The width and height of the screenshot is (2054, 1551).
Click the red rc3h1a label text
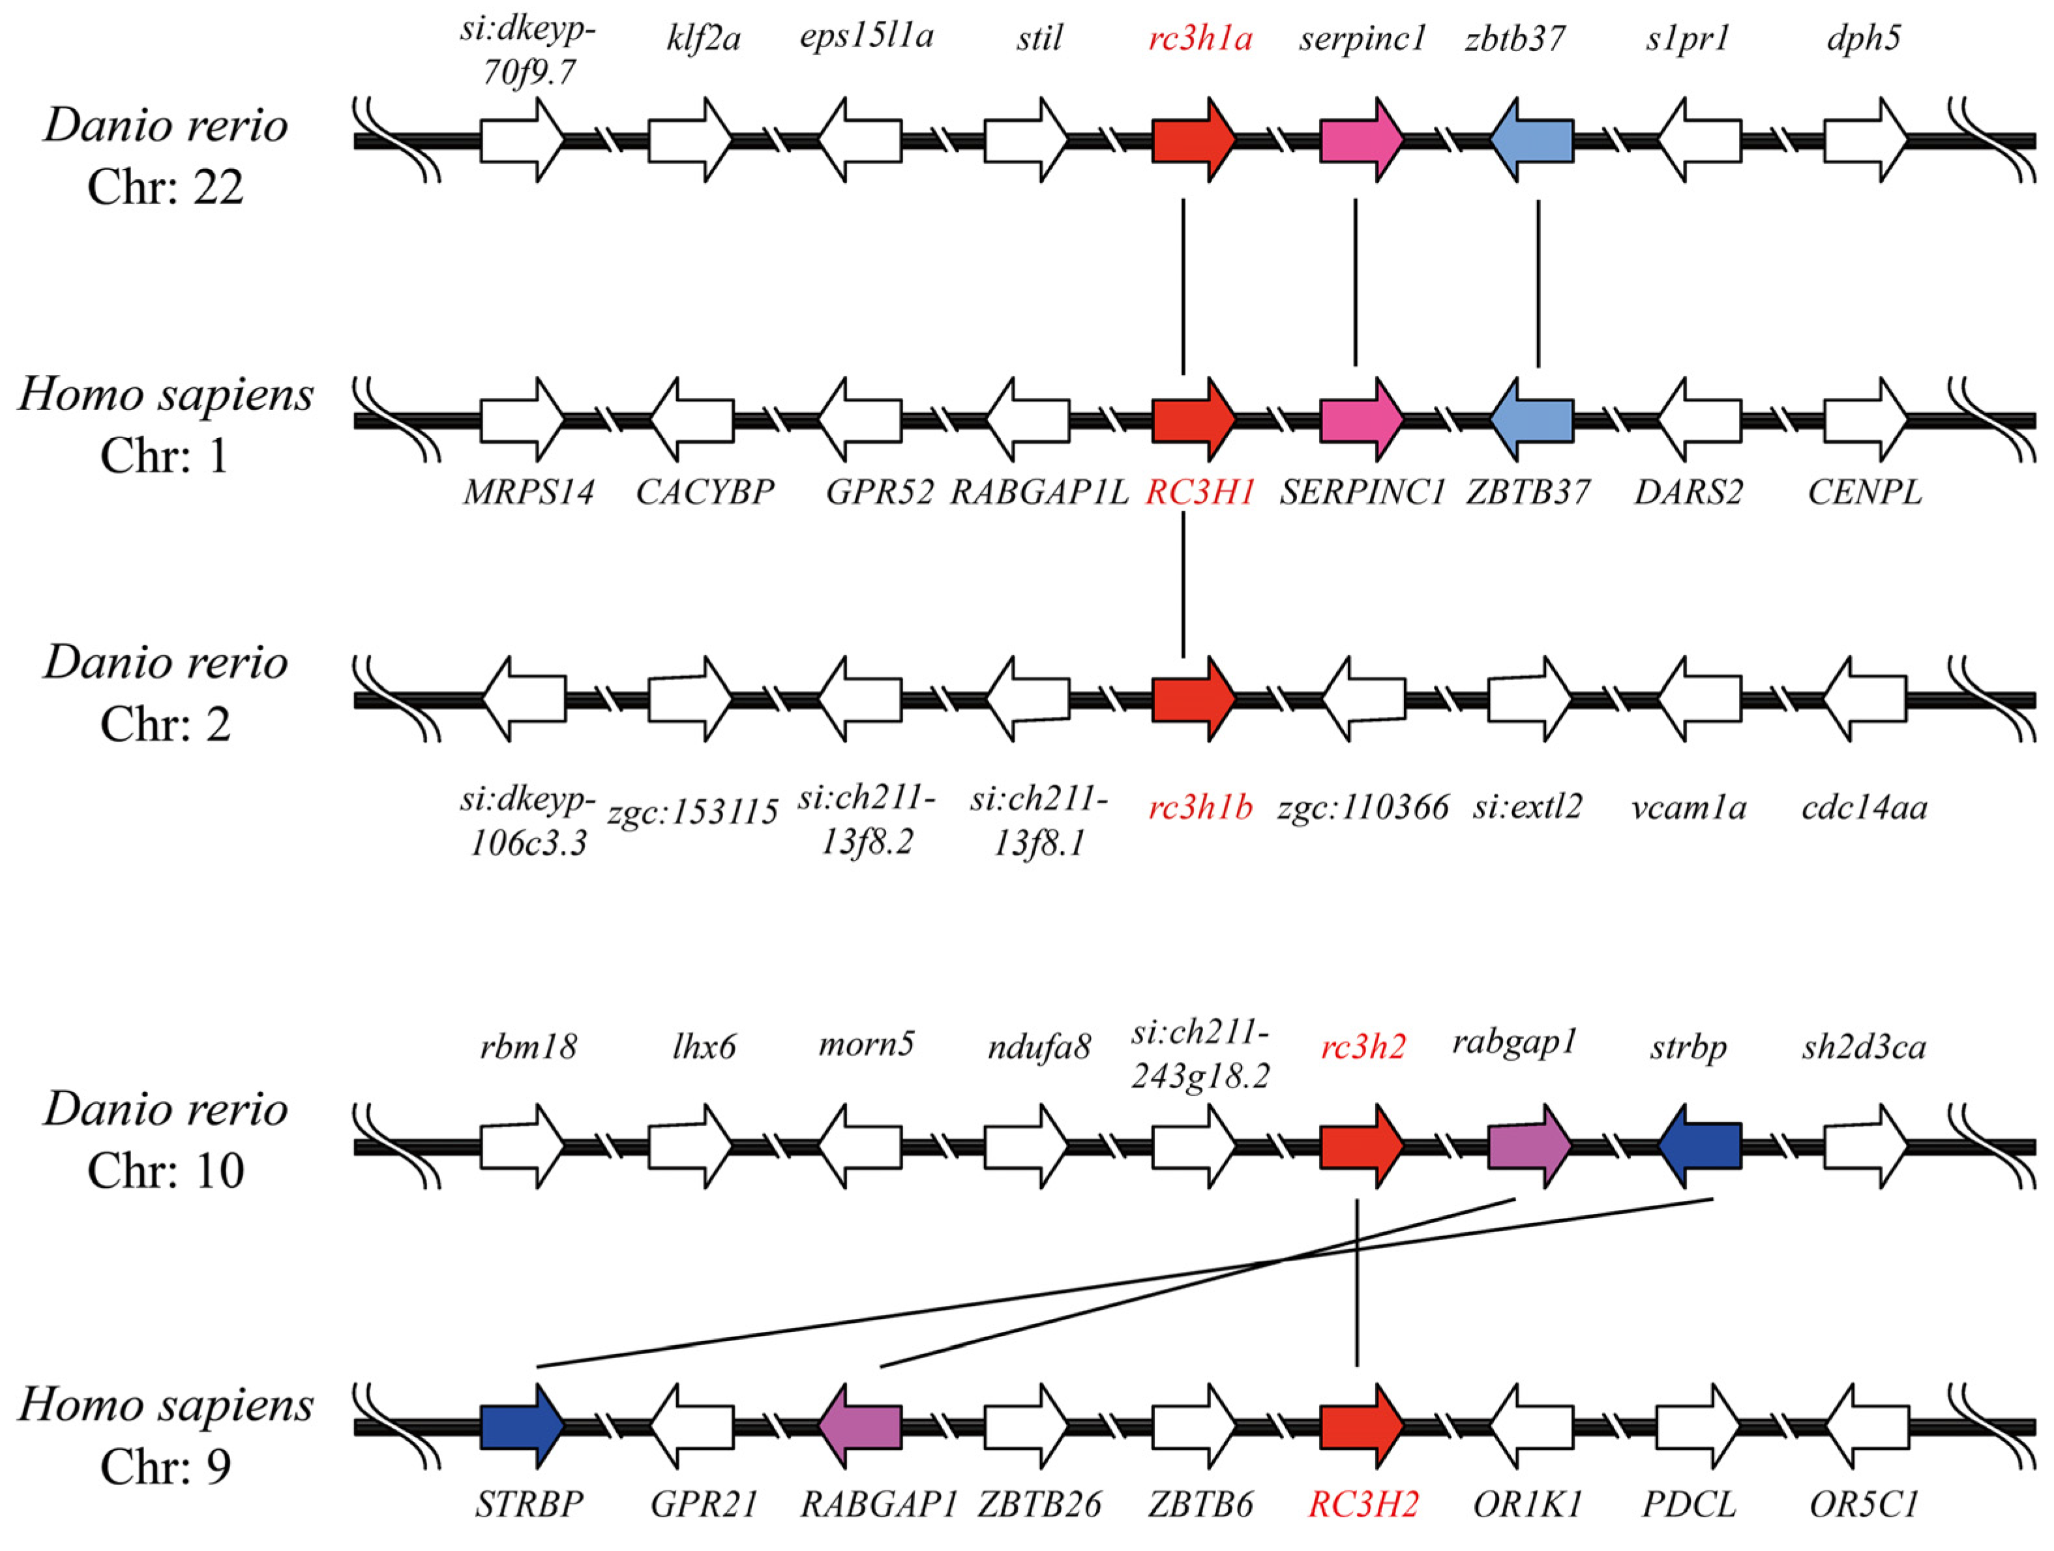1200,40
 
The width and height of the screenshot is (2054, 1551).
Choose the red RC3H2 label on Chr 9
1363,1503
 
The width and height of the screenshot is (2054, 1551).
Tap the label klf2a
703,40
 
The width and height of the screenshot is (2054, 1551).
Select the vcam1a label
1688,808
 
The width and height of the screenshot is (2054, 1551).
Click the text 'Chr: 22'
165,188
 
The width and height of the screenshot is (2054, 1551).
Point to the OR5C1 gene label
1863,1503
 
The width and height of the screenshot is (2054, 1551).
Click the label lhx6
703,1047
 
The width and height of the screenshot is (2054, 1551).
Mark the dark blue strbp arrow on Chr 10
1699,1145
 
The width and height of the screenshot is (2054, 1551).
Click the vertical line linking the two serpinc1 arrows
1355,282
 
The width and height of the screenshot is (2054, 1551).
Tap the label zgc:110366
1362,808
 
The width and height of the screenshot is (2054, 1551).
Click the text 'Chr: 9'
165,1468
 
